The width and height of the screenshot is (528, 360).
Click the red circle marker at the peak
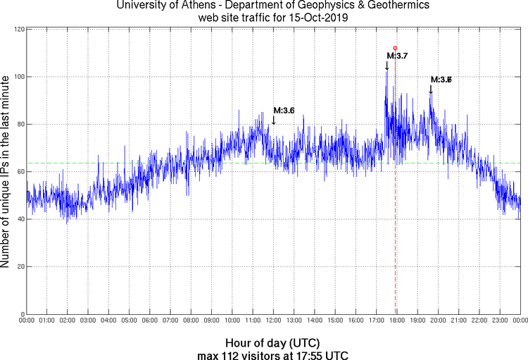[x=396, y=48]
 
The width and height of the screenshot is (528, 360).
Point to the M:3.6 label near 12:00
[x=284, y=110]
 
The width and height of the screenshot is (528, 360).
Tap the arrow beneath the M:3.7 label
[x=386, y=65]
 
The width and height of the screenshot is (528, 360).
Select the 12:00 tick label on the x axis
[x=273, y=321]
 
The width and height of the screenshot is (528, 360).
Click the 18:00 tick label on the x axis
[x=396, y=321]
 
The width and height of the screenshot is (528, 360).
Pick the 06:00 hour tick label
[x=150, y=321]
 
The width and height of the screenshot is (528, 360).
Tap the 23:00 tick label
[x=499, y=321]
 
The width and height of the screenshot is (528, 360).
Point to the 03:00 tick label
[x=88, y=321]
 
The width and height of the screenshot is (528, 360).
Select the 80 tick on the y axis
[x=19, y=124]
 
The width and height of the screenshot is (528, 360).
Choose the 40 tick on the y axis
[x=19, y=219]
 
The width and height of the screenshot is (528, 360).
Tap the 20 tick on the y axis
[x=19, y=267]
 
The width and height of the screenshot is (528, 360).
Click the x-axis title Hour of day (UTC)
[x=273, y=342]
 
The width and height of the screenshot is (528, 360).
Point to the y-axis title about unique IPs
[x=6, y=171]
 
